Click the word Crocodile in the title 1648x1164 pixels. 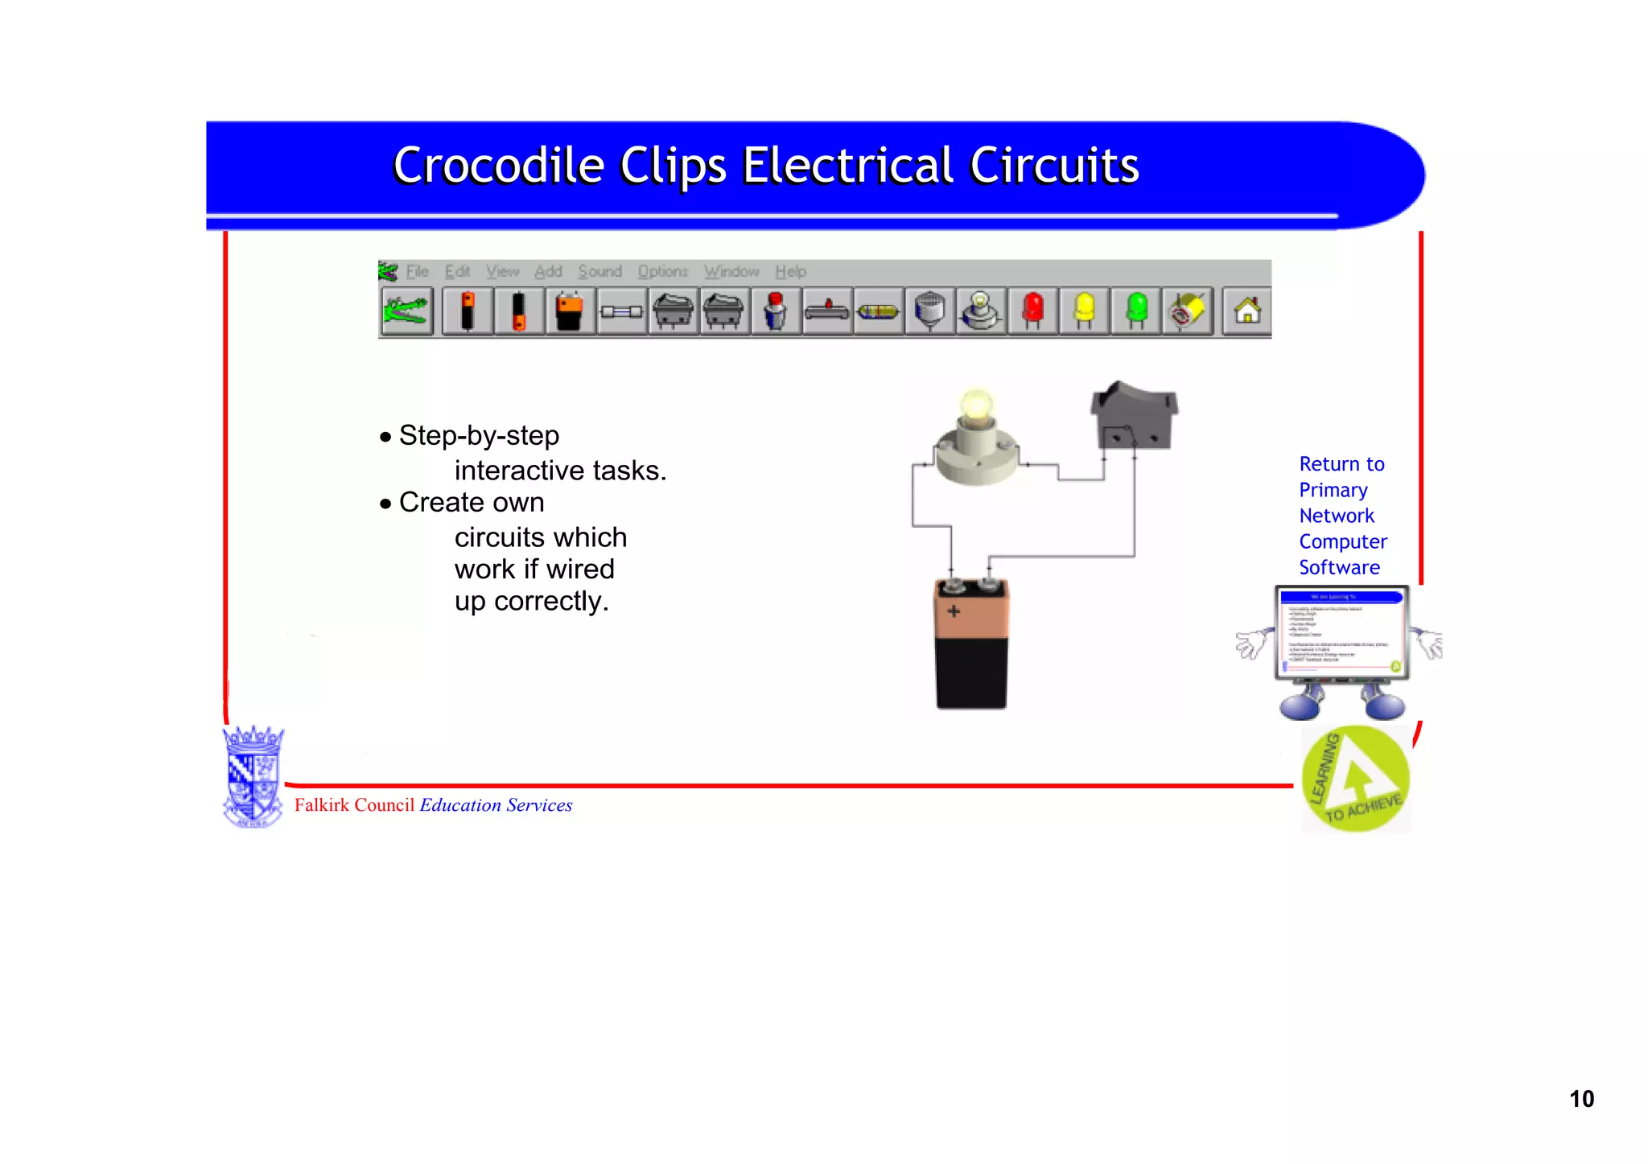point(498,167)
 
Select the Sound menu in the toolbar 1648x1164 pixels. point(599,272)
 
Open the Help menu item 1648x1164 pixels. point(790,272)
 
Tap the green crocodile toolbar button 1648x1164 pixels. point(406,311)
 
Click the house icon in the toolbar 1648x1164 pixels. point(1247,311)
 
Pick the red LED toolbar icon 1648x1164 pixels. point(1033,311)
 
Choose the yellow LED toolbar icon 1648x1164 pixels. point(1084,311)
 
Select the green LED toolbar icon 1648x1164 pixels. point(1136,311)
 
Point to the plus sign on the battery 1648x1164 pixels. point(954,611)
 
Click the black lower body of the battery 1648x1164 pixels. point(971,672)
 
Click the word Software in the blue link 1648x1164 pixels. point(1339,568)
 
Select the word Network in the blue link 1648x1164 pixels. point(1337,516)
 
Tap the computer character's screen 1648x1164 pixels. point(1341,632)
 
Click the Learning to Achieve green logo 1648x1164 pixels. point(1356,779)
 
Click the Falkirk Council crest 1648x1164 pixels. point(253,777)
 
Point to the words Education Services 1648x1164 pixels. point(496,805)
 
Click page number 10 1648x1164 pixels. point(1581,1099)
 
